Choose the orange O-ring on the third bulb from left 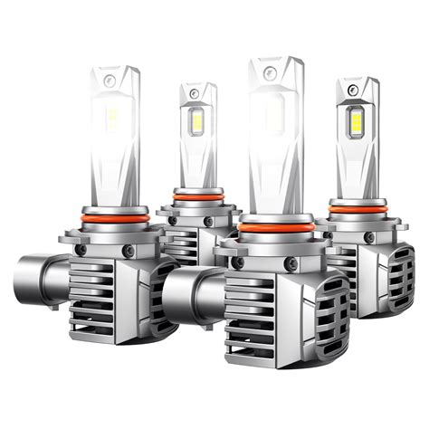point(277,227)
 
